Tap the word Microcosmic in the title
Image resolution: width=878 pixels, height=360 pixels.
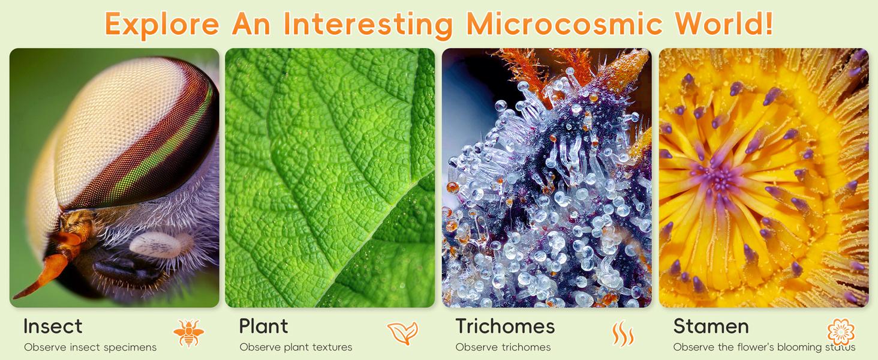coord(564,24)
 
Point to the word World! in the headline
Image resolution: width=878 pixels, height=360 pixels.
coord(723,24)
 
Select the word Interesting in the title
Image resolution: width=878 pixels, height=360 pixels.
coord(368,24)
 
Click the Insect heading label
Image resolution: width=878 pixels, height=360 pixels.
coord(53,326)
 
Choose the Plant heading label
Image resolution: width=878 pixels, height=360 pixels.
coord(263,326)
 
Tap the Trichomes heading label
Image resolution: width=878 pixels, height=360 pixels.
coord(505,326)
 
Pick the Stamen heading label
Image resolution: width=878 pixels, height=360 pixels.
coord(711,326)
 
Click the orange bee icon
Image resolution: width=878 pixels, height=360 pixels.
coord(188,334)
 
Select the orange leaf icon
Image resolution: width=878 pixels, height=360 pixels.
coord(402,334)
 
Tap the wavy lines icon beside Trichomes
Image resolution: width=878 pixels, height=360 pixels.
coord(623,334)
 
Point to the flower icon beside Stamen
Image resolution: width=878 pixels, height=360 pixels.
coord(841,332)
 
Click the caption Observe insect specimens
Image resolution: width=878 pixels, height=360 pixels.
coord(90,347)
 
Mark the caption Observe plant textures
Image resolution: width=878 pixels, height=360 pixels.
coord(296,347)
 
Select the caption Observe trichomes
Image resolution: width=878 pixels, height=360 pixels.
coord(503,347)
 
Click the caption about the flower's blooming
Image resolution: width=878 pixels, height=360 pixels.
coord(764,347)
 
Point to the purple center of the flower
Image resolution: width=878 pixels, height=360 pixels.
coord(718,179)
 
